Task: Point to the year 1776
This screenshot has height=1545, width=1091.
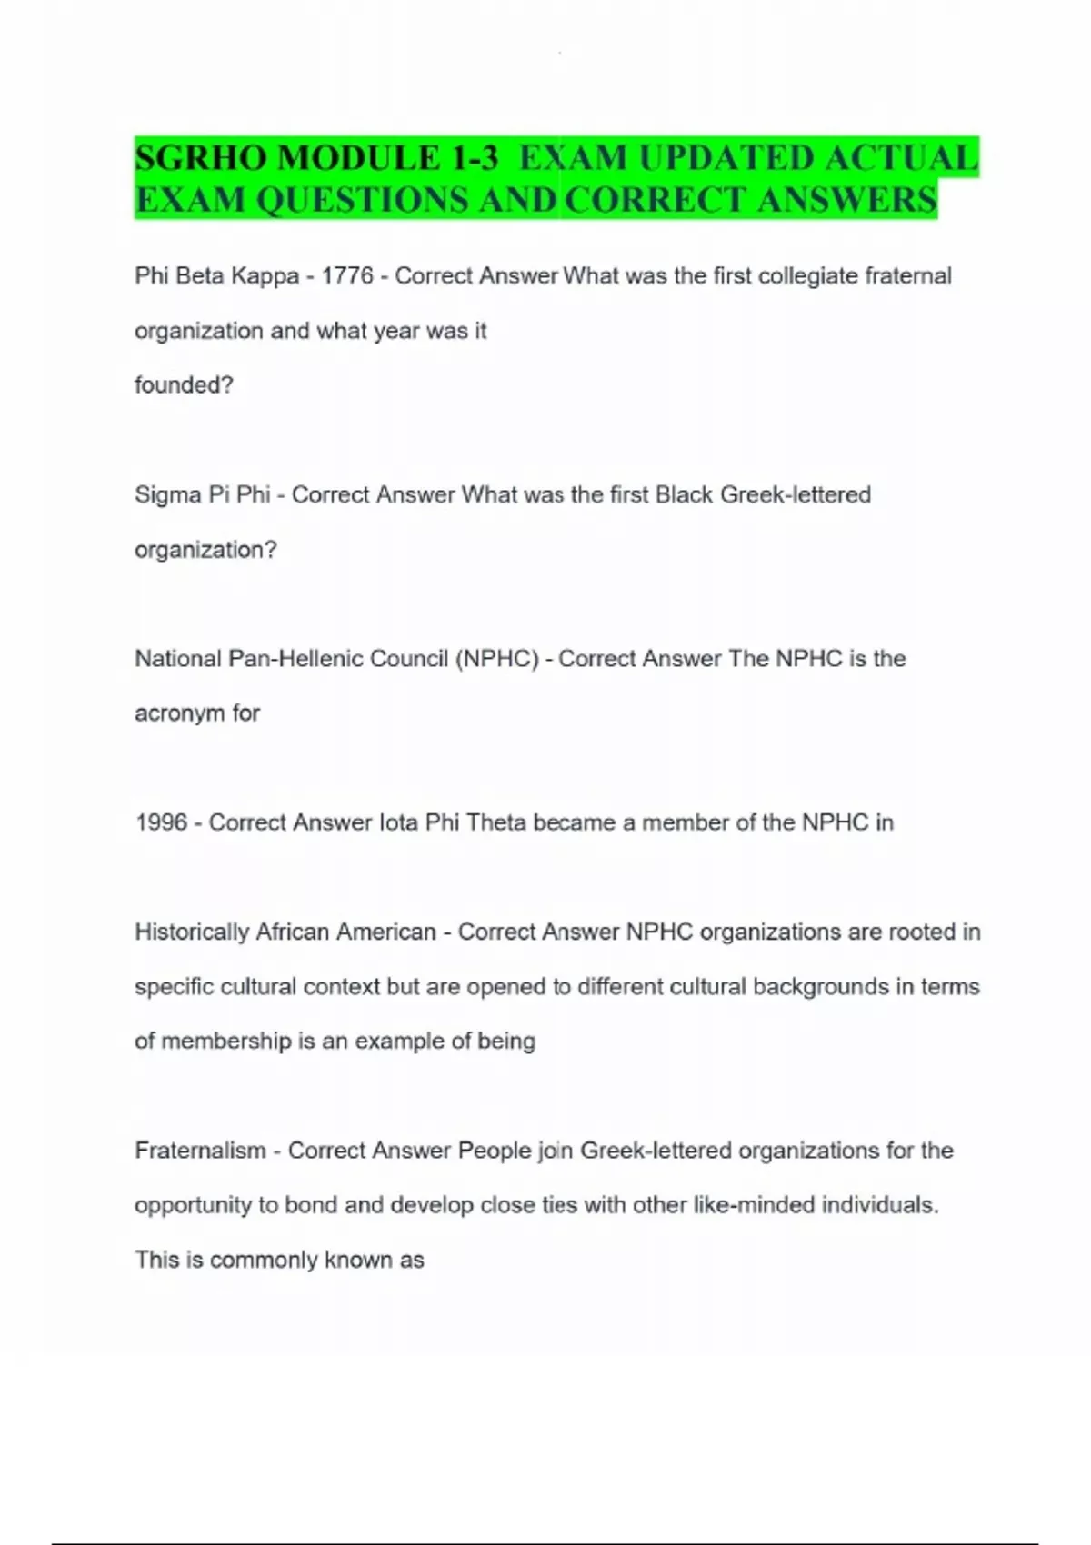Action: coord(347,276)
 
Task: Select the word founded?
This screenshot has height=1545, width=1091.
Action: coord(184,385)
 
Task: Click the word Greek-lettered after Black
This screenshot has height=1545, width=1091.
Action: coord(796,495)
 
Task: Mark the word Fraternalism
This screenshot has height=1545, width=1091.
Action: coord(200,1151)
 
